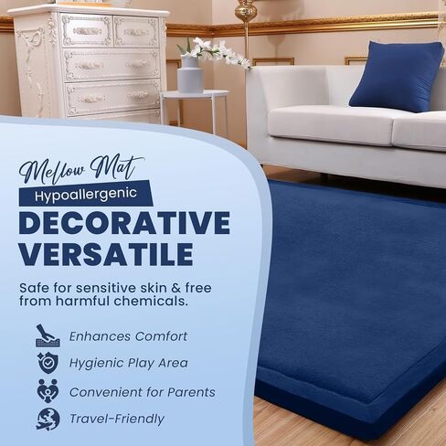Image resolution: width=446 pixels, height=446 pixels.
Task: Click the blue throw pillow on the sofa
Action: [397, 77]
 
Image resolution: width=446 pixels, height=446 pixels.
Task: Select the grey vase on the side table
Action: [190, 75]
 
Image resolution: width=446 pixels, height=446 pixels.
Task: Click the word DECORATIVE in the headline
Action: [124, 223]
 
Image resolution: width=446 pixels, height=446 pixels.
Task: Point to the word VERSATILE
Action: [106, 255]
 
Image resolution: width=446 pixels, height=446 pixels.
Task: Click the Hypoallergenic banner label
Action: [86, 194]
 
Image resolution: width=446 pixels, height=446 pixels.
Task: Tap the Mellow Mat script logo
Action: [81, 169]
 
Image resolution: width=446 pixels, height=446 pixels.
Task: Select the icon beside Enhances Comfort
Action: [48, 335]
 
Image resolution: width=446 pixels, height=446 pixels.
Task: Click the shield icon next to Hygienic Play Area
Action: [48, 363]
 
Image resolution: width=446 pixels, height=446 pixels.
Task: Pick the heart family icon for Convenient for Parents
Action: [48, 391]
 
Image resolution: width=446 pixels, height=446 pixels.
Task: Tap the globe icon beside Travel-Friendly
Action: [48, 419]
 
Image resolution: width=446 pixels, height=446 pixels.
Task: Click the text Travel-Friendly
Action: [117, 419]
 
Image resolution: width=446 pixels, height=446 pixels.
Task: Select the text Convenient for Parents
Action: [143, 392]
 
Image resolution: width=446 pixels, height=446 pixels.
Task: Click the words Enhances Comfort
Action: [128, 336]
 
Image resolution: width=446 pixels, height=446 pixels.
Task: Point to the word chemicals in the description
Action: [151, 301]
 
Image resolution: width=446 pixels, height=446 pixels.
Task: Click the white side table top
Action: [195, 93]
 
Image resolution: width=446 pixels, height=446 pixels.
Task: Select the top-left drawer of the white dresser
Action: [87, 31]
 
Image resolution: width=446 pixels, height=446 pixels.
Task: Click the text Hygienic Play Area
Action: [129, 363]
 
